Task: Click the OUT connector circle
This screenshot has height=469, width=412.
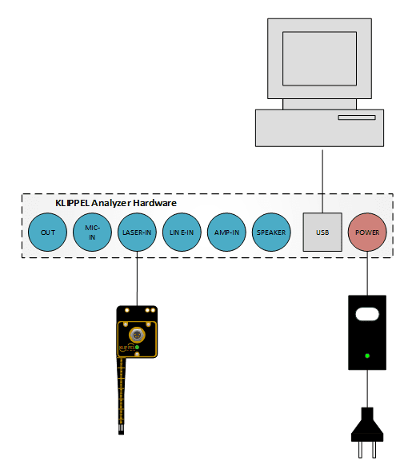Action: click(47, 233)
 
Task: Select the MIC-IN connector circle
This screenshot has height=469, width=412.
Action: click(92, 233)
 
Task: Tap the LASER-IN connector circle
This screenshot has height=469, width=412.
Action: click(137, 233)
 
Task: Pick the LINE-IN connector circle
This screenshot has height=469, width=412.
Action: click(182, 233)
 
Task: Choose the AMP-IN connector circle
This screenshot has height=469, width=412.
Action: click(226, 233)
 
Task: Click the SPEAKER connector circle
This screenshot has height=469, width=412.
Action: click(271, 233)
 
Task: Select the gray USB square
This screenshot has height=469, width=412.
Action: click(322, 233)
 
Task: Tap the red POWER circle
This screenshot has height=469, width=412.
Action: click(367, 233)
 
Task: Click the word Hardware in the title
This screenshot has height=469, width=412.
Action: click(154, 203)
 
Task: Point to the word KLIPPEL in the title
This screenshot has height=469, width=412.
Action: click(73, 203)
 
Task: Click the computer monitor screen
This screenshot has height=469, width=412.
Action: click(319, 58)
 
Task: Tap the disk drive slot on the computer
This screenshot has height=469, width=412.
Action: click(357, 117)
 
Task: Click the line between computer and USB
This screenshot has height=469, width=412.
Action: click(322, 181)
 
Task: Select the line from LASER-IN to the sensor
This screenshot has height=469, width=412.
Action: click(137, 279)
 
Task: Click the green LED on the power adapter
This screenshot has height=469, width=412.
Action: click(367, 356)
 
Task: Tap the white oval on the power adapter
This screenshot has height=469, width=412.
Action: click(367, 314)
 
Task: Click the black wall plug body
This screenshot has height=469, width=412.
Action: click(367, 425)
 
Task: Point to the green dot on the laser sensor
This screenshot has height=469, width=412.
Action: click(137, 348)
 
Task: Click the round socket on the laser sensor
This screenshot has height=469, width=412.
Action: click(137, 335)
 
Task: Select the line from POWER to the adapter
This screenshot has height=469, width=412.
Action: click(367, 273)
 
